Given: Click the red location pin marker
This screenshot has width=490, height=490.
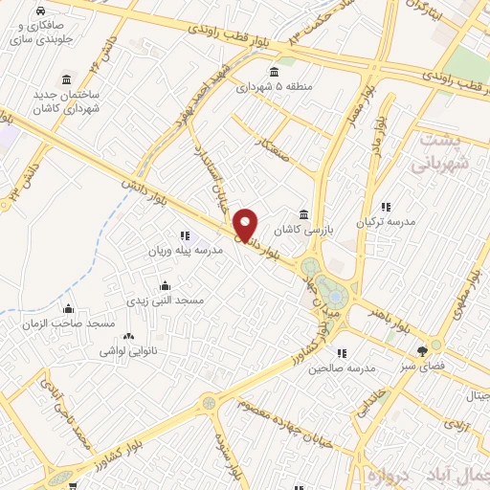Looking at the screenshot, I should [246, 223].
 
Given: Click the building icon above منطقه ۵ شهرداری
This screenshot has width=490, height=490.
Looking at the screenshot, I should [276, 73].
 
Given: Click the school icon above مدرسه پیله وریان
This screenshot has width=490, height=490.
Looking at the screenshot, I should [184, 234].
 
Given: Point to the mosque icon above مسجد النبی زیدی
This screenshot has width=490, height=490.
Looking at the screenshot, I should [166, 285].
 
